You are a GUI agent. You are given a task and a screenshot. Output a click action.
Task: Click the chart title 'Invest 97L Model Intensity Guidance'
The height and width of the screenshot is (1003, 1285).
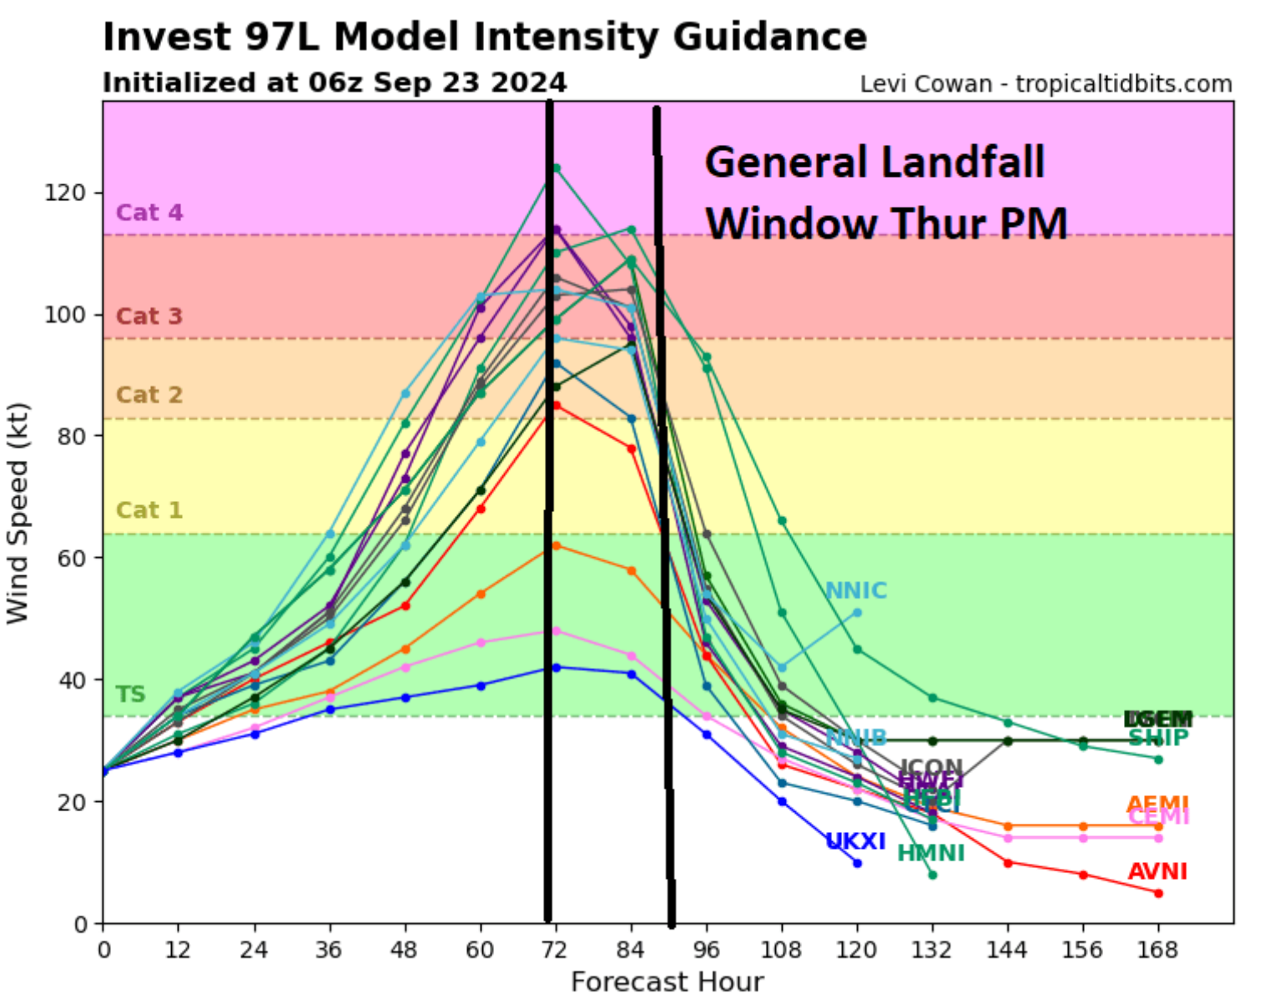(484, 38)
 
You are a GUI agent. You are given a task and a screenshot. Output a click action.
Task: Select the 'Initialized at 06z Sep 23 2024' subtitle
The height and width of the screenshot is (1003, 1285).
(334, 83)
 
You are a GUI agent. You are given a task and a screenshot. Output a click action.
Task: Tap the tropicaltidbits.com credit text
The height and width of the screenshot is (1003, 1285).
(1046, 84)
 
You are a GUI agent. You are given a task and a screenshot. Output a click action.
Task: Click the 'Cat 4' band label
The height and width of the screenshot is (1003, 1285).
(149, 213)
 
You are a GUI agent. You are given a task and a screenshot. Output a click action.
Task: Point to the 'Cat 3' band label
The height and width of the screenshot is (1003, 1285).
(149, 317)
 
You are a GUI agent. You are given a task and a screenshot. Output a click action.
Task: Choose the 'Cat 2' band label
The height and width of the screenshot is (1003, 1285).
(149, 395)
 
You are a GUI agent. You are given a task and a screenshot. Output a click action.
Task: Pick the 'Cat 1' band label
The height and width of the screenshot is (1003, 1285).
(149, 510)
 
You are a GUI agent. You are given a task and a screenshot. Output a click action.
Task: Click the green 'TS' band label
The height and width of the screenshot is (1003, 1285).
(130, 695)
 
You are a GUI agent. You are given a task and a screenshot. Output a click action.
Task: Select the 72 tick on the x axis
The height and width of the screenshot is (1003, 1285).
(555, 950)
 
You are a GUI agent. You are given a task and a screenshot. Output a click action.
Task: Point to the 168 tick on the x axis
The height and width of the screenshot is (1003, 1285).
(1157, 950)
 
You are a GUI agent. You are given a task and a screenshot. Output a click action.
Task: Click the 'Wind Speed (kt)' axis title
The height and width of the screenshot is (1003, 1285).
(18, 513)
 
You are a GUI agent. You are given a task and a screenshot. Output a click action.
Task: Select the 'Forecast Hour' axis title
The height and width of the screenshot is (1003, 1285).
(667, 982)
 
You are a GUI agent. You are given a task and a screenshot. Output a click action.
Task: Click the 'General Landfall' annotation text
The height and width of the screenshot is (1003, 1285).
(874, 162)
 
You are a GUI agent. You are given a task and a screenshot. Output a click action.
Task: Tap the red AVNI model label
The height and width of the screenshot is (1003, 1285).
(1156, 872)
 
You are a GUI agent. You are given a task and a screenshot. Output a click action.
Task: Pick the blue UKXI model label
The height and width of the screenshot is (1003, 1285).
(855, 841)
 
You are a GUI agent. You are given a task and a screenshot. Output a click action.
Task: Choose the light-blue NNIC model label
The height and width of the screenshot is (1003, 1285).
(855, 590)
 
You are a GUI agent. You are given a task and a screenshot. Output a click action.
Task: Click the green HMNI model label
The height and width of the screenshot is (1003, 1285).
(930, 853)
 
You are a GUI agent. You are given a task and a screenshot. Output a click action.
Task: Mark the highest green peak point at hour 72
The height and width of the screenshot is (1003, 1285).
(557, 168)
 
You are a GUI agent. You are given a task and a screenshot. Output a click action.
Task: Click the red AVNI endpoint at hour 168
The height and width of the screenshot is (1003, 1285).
(1158, 893)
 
